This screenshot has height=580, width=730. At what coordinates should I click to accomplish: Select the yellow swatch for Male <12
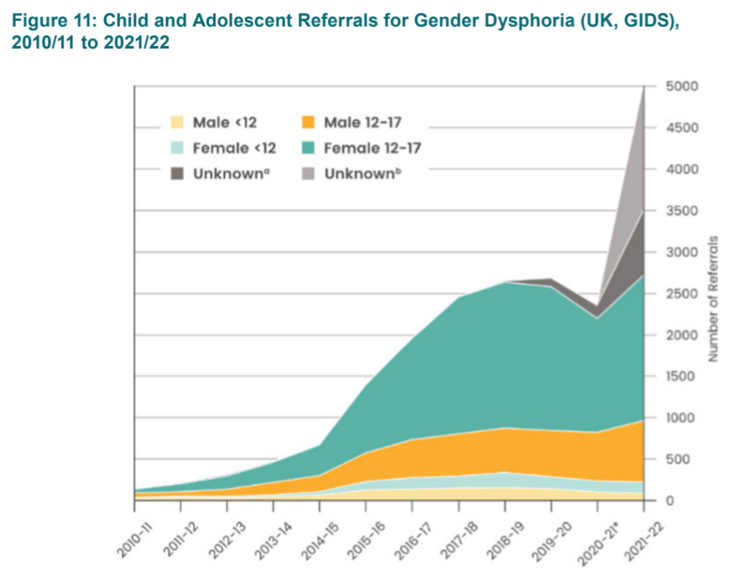pos(176,122)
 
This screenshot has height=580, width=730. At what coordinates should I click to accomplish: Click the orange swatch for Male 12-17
pos(308,122)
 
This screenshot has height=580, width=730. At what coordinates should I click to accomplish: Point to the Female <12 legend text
pos(235,148)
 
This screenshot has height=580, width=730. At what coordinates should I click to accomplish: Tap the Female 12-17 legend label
pos(372,148)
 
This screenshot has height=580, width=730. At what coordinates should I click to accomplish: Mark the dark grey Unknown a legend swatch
pos(176,173)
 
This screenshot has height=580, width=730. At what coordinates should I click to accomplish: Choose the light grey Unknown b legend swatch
pos(308,173)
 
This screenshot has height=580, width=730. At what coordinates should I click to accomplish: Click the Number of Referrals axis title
pos(713,298)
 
